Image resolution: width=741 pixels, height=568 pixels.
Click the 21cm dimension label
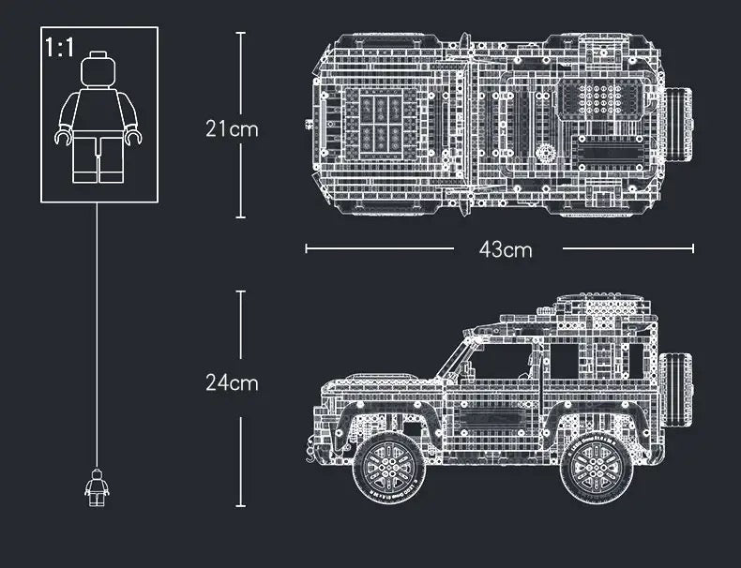232,129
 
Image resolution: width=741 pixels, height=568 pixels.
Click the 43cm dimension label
505,249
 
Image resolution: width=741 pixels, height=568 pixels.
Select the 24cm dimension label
232,382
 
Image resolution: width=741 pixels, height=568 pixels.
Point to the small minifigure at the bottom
96,485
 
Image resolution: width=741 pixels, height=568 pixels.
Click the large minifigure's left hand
63,137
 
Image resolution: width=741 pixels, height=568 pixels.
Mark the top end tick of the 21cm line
240,33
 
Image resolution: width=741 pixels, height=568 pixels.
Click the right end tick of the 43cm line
693,248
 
